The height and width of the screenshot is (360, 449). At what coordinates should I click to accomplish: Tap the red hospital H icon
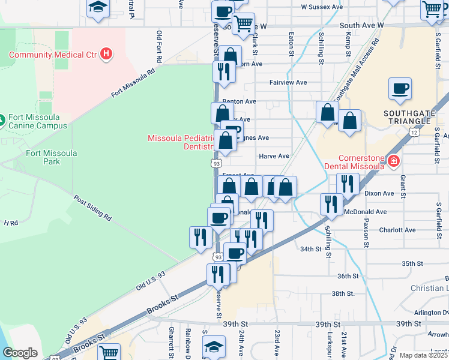point(106,55)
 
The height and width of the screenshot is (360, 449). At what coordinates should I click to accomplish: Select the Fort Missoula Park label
point(52,157)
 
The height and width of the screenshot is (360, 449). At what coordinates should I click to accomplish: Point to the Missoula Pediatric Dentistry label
point(181,142)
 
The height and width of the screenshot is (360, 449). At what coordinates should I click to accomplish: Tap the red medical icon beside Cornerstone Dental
point(393,161)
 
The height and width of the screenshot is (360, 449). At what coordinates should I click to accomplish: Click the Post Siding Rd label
point(92,208)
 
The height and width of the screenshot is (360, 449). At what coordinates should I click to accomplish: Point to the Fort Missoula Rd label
point(133,83)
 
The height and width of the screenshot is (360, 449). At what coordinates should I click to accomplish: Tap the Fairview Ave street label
point(288,82)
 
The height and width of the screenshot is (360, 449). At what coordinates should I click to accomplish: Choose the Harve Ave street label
point(274,156)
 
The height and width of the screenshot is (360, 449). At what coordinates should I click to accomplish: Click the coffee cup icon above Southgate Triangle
point(400,89)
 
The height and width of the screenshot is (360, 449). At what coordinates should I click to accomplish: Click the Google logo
point(20,353)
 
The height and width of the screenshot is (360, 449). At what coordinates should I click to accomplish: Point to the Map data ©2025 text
point(423,355)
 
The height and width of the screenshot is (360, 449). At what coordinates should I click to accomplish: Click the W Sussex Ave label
point(322,7)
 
